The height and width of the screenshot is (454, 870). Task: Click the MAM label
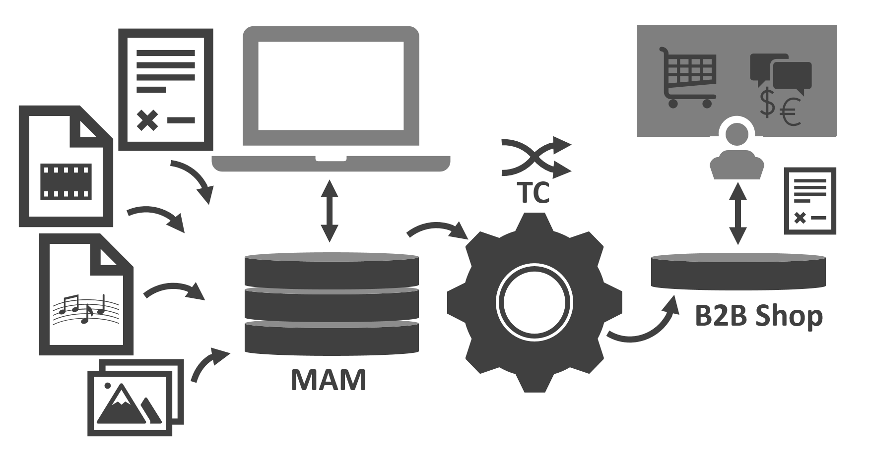(329, 380)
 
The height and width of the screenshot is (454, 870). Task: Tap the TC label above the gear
(534, 192)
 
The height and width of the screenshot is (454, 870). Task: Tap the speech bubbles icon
(780, 74)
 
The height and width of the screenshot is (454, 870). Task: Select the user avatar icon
(736, 150)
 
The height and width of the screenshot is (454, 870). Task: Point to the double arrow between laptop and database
(329, 212)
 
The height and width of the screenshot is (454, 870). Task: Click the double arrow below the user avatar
(738, 213)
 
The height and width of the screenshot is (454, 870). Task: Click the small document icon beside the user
(809, 201)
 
